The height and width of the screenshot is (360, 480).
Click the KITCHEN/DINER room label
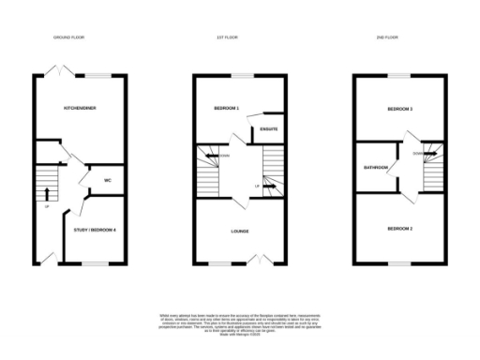(80, 109)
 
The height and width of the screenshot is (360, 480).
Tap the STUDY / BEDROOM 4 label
(95, 228)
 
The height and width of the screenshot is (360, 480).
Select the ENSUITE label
(266, 128)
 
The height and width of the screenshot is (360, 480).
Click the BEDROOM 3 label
(400, 109)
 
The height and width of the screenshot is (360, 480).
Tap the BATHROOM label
(376, 169)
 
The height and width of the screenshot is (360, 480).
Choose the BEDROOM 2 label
(400, 228)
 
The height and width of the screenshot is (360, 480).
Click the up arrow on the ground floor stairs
(46, 195)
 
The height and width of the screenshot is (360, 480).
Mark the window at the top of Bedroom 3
(400, 74)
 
